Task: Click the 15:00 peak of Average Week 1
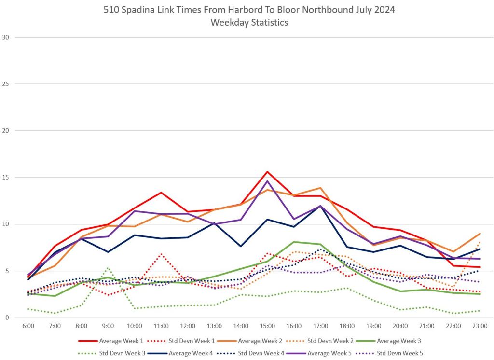(267, 172)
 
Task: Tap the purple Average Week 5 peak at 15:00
(267, 181)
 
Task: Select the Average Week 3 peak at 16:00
(294, 242)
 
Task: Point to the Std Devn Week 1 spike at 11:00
(161, 254)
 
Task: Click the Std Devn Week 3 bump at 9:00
(108, 268)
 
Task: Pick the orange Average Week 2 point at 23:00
(480, 234)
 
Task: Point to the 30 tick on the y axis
(6, 37)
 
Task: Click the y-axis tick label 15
(6, 178)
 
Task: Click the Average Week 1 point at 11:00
(161, 193)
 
